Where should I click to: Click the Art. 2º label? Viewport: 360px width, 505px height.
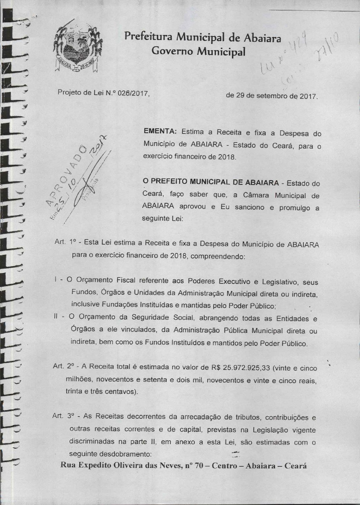point(63,367)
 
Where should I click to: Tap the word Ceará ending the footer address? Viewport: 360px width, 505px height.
point(295,465)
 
